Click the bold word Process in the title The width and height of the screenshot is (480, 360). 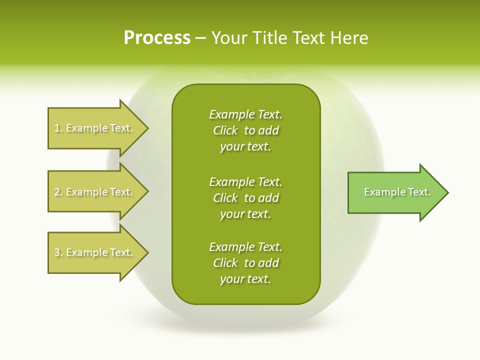[157, 37]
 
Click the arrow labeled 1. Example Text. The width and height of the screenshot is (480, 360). [95, 128]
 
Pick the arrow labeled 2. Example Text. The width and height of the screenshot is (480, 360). [95, 191]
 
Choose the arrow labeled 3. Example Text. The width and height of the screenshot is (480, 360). [95, 252]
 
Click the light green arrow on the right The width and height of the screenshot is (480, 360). [395, 192]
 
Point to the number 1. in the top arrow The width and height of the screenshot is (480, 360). [58, 128]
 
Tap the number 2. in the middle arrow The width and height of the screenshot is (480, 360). [58, 192]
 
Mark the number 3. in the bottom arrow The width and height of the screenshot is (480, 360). [58, 252]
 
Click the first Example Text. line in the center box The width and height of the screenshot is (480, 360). [245, 114]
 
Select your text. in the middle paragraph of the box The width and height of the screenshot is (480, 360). [245, 214]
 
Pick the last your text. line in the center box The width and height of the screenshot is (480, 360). [245, 279]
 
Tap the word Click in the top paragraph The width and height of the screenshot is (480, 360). [225, 130]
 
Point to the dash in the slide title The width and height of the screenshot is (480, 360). [200, 38]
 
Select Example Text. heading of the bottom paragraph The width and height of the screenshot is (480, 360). [245, 246]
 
